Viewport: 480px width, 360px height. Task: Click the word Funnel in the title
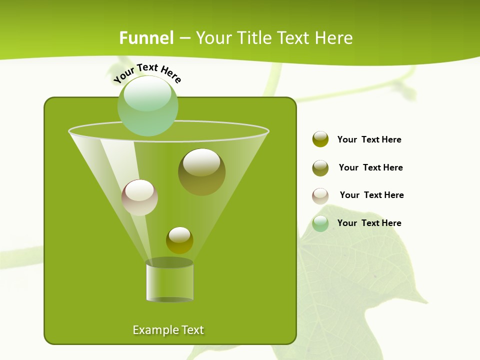pos(146,38)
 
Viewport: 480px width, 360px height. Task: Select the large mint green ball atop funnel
pos(147,106)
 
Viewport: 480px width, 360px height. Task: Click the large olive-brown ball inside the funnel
pos(201,172)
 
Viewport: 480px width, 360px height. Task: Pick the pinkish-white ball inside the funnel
pos(139,197)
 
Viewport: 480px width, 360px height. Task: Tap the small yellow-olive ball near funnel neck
pos(179,240)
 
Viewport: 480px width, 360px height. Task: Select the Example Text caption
pos(168,330)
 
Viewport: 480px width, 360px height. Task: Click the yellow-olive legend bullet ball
pos(320,139)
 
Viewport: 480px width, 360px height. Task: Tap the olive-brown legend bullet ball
pos(320,168)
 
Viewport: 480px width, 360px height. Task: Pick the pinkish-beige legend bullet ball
pos(320,196)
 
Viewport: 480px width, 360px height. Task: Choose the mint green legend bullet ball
pos(320,223)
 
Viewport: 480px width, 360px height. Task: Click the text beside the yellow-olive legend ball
pos(369,139)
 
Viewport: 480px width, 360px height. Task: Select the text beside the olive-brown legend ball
pos(370,167)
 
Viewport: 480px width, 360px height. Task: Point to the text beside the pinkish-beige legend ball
pos(371,195)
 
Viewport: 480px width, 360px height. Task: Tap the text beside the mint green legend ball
pos(369,223)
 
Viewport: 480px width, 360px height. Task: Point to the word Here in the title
pos(334,38)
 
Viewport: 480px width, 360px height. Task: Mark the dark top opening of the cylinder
pos(169,262)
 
